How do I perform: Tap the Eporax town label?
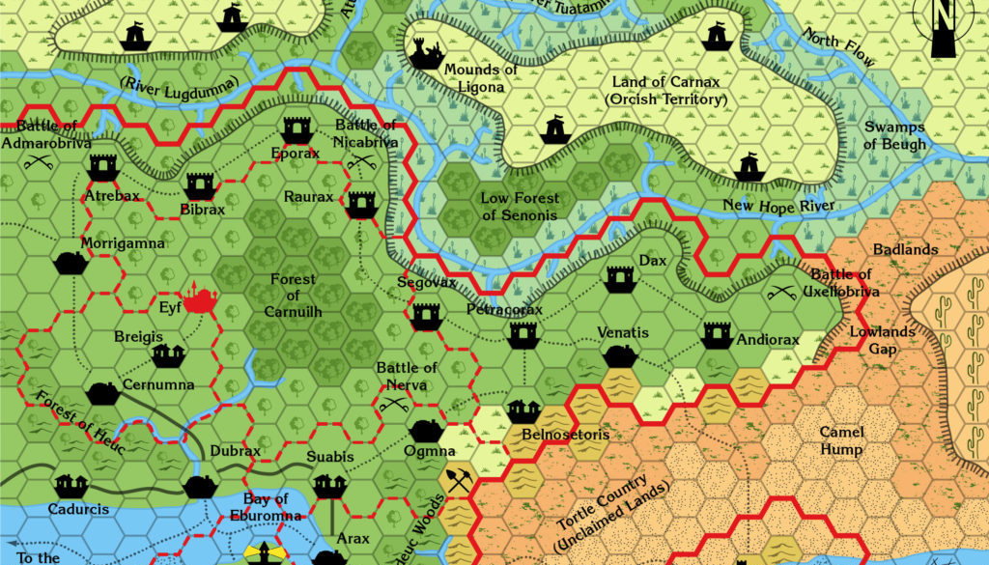coord(295,154)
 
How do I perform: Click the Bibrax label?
coord(202,210)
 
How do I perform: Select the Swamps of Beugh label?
coord(894,135)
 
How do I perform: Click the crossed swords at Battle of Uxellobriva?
coord(778,289)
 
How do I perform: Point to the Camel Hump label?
coord(841,440)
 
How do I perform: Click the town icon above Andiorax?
coord(717,334)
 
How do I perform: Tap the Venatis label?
coord(622,333)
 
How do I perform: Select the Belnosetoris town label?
coord(565,435)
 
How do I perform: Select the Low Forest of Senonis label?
coord(520,207)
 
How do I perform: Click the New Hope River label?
coord(778,206)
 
